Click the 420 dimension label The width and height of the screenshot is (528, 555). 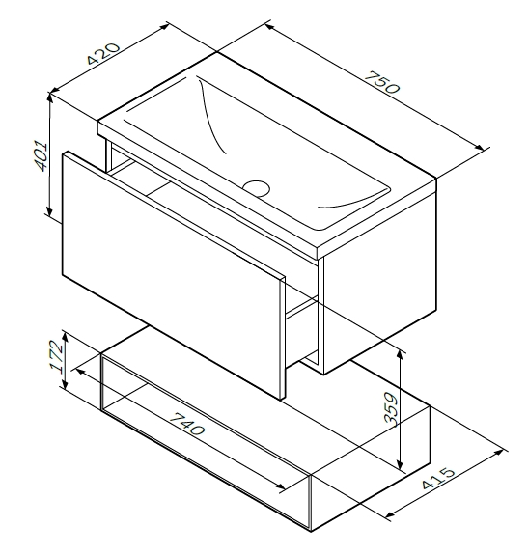click(x=103, y=53)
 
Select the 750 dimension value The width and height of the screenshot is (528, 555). click(x=382, y=82)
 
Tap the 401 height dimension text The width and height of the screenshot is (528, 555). click(x=40, y=155)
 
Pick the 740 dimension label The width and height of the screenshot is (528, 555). click(x=187, y=424)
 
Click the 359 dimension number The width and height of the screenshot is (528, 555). click(x=391, y=407)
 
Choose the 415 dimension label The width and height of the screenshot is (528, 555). click(x=438, y=478)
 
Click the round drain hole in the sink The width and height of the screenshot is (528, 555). click(x=257, y=188)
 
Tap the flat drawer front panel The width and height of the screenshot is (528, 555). click(x=172, y=274)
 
